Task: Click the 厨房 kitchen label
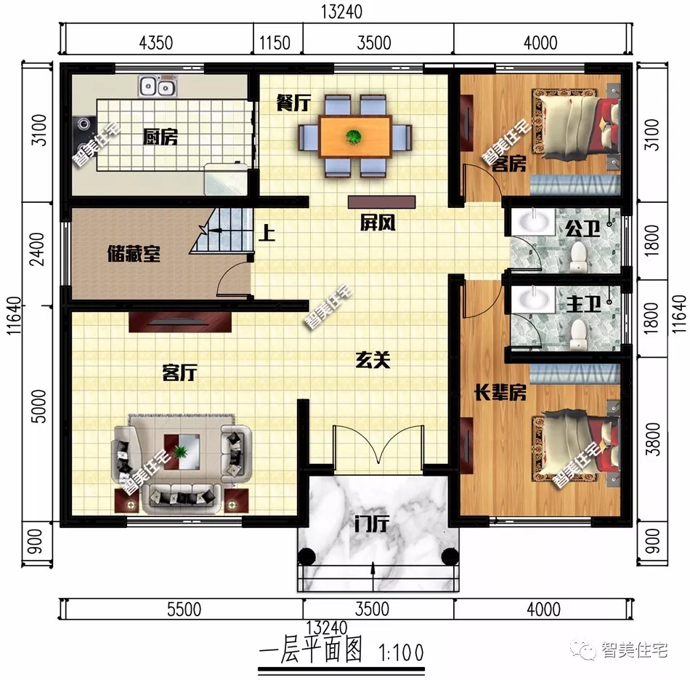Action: pos(160,136)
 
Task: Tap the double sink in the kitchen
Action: pos(157,87)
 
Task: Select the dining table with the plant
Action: pos(354,137)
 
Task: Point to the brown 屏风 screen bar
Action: pos(381,201)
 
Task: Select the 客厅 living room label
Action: pos(179,373)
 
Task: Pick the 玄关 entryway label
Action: pos(373,359)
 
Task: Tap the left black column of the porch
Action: pos(306,557)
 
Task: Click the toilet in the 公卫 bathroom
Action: pos(579,254)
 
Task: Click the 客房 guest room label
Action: pos(508,164)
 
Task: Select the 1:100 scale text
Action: pos(399,649)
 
